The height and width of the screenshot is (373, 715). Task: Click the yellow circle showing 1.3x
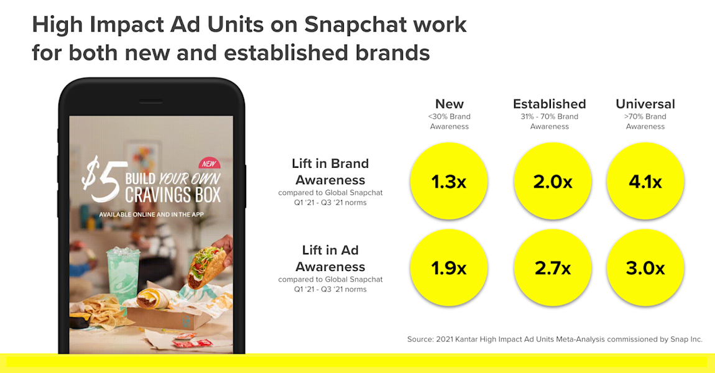(x=449, y=182)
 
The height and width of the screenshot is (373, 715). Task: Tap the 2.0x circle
(x=553, y=182)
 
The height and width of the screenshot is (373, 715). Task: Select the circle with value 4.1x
(x=645, y=182)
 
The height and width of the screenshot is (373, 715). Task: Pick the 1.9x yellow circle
(x=449, y=268)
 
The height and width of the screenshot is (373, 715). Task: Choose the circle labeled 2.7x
(x=553, y=268)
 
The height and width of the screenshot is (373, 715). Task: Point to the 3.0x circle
(x=645, y=268)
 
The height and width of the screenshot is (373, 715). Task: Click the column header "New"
(x=449, y=104)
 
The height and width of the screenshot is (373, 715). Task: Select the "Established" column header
(x=550, y=104)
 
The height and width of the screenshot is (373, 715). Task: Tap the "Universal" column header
(x=645, y=104)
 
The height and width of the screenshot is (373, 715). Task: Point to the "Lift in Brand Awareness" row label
(x=330, y=172)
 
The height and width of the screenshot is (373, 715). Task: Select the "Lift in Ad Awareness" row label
(x=330, y=259)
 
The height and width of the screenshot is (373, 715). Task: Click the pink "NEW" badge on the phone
(x=210, y=163)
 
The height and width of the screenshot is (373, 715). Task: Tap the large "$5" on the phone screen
(x=101, y=178)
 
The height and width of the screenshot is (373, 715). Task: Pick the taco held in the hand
(x=206, y=267)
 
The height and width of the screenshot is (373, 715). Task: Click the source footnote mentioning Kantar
(x=555, y=339)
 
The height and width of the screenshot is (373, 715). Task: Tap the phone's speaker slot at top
(x=151, y=101)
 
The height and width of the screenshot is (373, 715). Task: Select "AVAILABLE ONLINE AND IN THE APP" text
(x=151, y=214)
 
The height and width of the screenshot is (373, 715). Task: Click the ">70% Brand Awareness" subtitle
(x=645, y=121)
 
